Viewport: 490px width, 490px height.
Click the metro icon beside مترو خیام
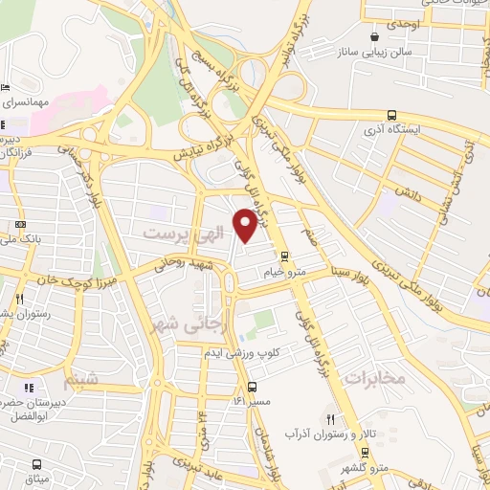pos(283,256)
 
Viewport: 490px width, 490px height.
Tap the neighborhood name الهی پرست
pos(177,233)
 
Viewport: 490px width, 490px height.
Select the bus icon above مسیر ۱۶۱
pos(252,388)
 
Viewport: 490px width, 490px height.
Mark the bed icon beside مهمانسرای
pos(6,87)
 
